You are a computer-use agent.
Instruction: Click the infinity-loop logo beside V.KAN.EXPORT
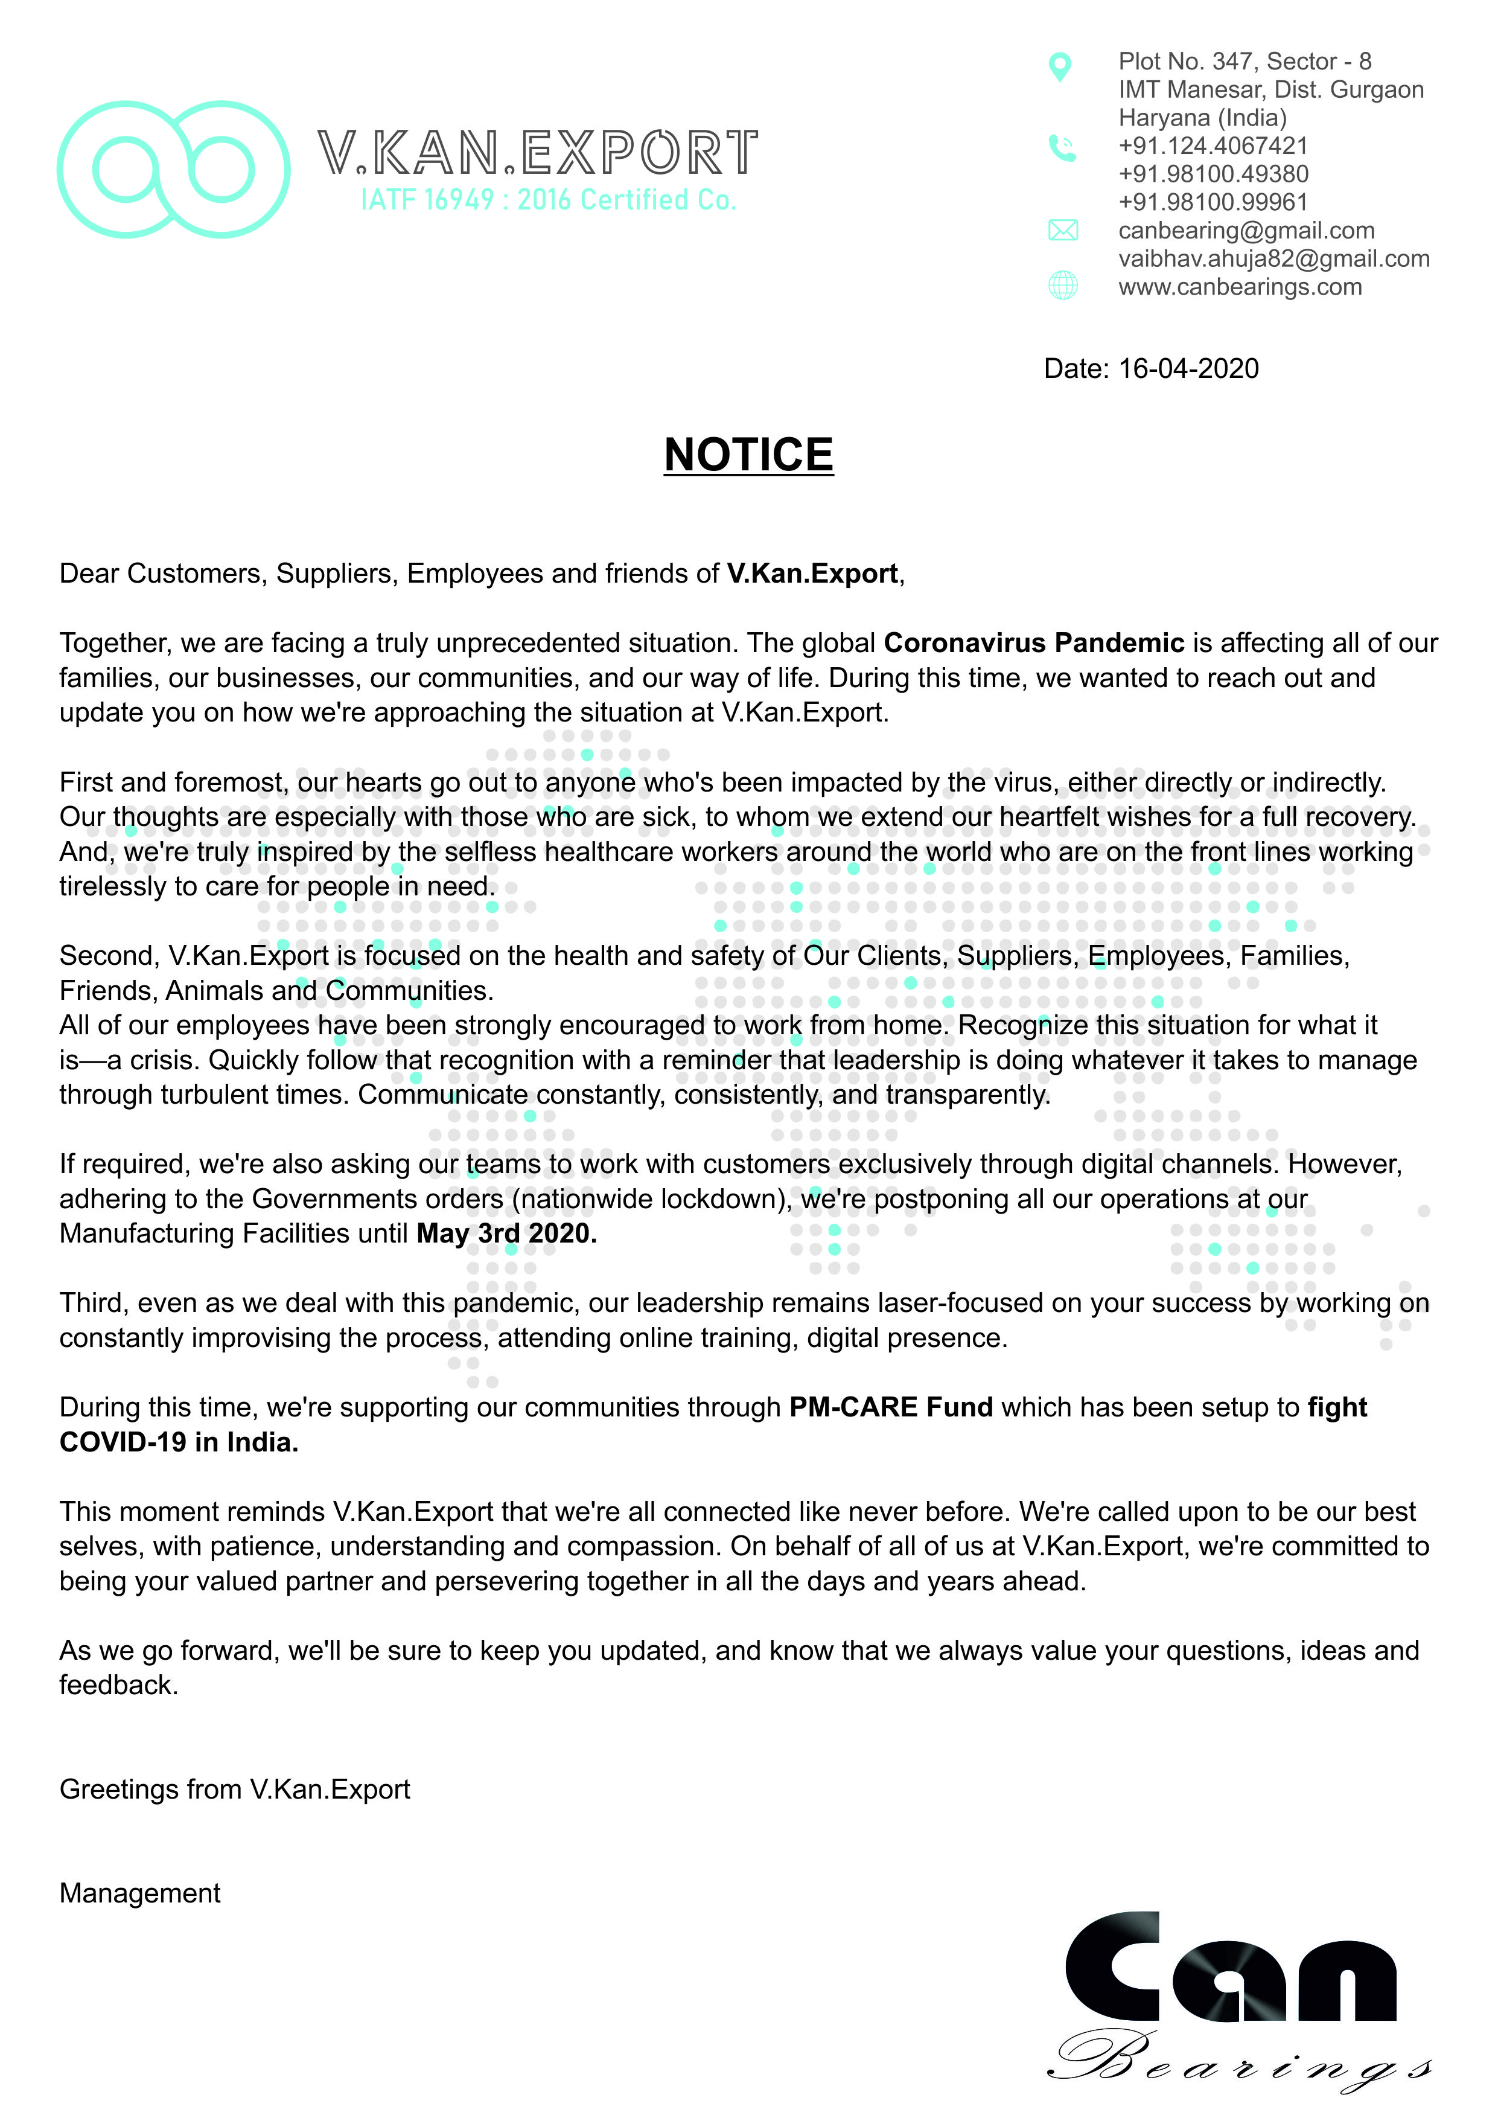(173, 170)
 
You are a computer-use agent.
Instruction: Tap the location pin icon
(1061, 66)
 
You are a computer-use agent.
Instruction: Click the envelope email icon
(1063, 231)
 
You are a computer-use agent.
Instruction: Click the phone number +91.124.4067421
(1213, 146)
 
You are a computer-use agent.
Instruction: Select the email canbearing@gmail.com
(1246, 231)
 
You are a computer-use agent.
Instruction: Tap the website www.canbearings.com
(1240, 287)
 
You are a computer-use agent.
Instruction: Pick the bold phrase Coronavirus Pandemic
(1034, 643)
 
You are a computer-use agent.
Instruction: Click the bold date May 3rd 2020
(506, 1233)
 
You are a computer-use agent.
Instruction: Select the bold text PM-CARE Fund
(891, 1407)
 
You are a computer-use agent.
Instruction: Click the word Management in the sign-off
(140, 1893)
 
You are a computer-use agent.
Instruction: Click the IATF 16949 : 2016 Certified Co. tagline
(548, 200)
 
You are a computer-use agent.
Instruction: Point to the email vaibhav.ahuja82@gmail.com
(1274, 259)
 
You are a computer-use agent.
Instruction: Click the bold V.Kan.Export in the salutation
(812, 574)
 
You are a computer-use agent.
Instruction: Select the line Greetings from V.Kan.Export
(234, 1789)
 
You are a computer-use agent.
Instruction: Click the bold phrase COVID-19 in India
(179, 1442)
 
